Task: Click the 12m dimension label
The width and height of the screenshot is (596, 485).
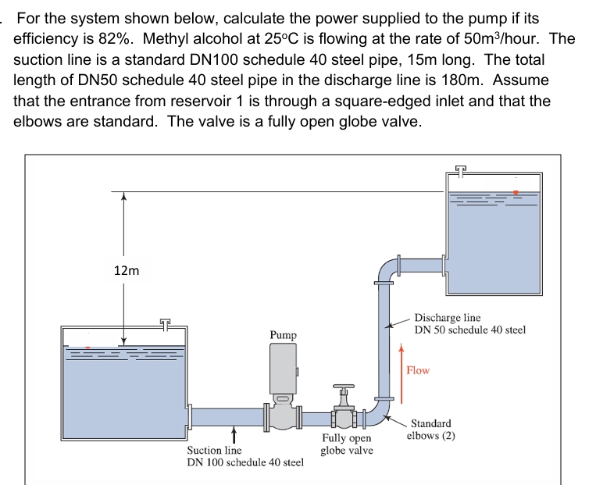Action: (x=127, y=270)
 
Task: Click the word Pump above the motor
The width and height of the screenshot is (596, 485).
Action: (x=283, y=335)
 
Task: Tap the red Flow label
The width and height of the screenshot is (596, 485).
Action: (x=418, y=370)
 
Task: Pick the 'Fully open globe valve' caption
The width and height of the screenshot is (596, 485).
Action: (x=347, y=444)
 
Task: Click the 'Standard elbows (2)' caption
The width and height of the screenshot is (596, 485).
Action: (x=430, y=430)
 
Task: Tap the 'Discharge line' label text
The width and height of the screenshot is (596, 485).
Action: (x=448, y=318)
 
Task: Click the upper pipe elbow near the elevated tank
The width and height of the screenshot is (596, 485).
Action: (x=387, y=269)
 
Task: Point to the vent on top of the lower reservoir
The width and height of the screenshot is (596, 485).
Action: (x=165, y=323)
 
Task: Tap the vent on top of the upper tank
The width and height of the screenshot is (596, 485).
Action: (x=461, y=169)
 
